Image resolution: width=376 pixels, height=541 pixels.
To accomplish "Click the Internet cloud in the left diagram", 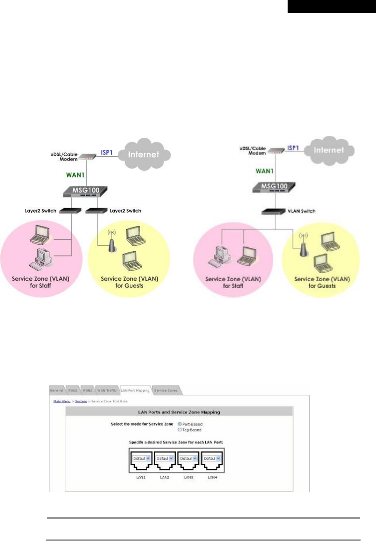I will pyautogui.click(x=144, y=154).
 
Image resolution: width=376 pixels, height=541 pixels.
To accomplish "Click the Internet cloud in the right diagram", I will pyautogui.click(x=329, y=150).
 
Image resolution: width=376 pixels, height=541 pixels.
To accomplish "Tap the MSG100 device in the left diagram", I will pyautogui.click(x=86, y=191).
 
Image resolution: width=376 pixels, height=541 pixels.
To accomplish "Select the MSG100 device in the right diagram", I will pyautogui.click(x=274, y=186).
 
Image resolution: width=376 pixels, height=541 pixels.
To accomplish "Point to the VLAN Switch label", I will pyautogui.click(x=301, y=211).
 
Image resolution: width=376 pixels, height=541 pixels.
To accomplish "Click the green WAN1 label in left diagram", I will pyautogui.click(x=75, y=175).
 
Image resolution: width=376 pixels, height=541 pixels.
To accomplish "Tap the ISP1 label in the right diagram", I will pyautogui.click(x=293, y=148).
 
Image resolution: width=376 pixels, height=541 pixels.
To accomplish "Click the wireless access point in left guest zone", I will pyautogui.click(x=112, y=242).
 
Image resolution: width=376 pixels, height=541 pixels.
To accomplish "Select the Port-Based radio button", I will pyautogui.click(x=180, y=424).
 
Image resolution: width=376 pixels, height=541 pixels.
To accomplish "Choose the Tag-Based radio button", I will pyautogui.click(x=180, y=429).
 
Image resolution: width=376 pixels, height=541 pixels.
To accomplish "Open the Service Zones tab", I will pyautogui.click(x=166, y=391).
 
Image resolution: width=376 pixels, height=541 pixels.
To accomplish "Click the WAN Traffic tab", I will pyautogui.click(x=107, y=391).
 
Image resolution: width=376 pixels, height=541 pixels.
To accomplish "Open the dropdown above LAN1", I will pyautogui.click(x=141, y=458).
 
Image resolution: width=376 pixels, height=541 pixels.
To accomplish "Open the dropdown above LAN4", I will pyautogui.click(x=212, y=458).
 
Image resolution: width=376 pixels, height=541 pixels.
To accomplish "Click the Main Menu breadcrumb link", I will pyautogui.click(x=62, y=401).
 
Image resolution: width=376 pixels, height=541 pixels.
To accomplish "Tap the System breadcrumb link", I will pyautogui.click(x=81, y=401).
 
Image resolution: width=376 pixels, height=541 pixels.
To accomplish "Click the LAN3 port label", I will pyautogui.click(x=188, y=477).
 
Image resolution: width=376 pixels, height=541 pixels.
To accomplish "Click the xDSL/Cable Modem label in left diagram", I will pyautogui.click(x=64, y=157).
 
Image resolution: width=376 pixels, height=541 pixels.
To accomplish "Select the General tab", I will pyautogui.click(x=56, y=391).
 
